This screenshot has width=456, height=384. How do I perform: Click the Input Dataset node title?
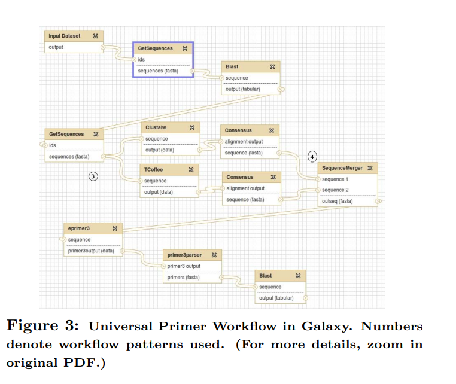tap(64, 36)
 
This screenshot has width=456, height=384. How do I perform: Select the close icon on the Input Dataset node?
tap(95, 36)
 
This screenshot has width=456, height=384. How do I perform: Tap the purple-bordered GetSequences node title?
tap(156, 48)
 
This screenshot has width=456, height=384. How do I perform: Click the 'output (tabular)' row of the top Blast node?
tap(242, 89)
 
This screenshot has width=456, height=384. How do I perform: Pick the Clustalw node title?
tap(155, 127)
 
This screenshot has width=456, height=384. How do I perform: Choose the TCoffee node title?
tap(154, 170)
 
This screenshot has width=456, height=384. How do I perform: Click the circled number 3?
tap(93, 176)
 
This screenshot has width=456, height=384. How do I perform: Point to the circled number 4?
tap(312, 157)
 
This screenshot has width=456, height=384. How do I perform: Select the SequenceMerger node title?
tap(342, 168)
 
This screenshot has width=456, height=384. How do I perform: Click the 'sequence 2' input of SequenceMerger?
tap(335, 190)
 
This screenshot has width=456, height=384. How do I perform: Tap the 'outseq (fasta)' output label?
tap(338, 201)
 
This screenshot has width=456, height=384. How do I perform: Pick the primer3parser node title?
tap(180, 255)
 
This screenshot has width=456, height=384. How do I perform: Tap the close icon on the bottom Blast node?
tap(297, 276)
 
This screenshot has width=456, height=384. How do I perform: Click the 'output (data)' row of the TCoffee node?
tap(159, 192)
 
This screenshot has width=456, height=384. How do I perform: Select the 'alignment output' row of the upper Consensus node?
tap(244, 142)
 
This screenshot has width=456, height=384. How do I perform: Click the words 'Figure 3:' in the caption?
tap(42, 327)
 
